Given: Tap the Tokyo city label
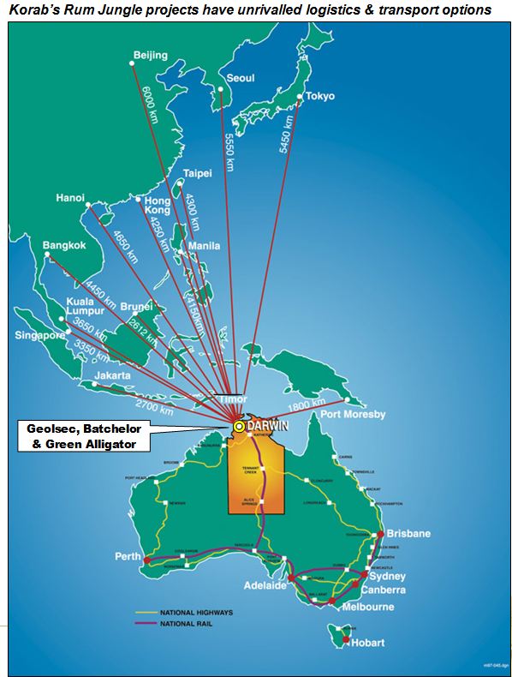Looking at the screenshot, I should click(x=319, y=96).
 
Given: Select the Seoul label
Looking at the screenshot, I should click(x=240, y=78).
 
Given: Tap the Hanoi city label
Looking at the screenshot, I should click(x=70, y=198).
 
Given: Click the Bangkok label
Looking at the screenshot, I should click(x=64, y=246).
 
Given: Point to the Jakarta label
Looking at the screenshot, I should click(x=112, y=375).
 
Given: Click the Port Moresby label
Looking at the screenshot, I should click(x=353, y=415).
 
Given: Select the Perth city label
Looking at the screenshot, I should click(x=128, y=556).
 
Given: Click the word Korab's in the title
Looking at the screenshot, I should click(x=36, y=10).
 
